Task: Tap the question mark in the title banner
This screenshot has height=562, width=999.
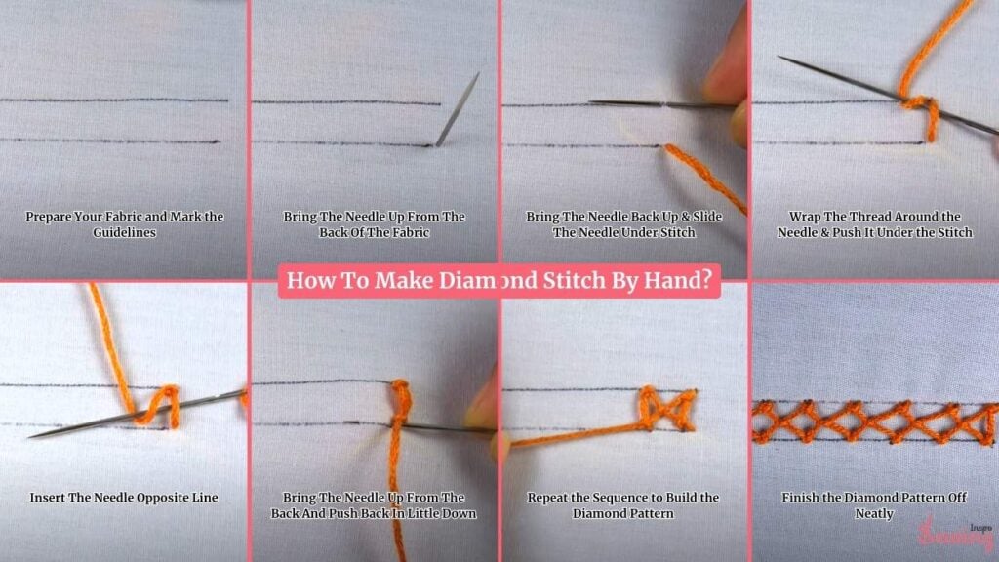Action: click(x=705, y=280)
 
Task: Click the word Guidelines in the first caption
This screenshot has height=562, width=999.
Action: click(x=124, y=232)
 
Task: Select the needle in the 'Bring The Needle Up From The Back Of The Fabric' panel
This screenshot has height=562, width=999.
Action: click(x=458, y=109)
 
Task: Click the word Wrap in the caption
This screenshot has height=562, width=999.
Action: click(x=804, y=217)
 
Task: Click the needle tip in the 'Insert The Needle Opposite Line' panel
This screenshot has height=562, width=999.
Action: click(x=30, y=437)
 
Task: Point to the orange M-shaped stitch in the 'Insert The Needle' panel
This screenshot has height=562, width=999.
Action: click(x=153, y=406)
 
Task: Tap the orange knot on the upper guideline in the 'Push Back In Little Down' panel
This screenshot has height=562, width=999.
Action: click(x=401, y=394)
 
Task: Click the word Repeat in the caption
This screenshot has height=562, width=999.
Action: click(x=546, y=498)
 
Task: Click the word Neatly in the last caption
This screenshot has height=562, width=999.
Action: click(x=874, y=513)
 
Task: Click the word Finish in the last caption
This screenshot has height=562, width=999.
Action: click(x=800, y=498)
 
